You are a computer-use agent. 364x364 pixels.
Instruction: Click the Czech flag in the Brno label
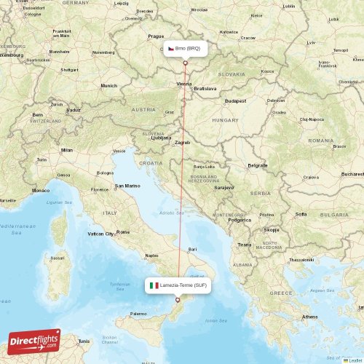170,48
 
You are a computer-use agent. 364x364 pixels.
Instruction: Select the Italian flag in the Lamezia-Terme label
154,285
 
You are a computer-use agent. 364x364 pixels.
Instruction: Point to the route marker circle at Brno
185,63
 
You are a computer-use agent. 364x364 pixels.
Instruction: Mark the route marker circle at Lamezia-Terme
178,299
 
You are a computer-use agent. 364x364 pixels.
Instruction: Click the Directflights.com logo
33,341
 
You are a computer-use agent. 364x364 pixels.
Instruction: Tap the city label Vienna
185,84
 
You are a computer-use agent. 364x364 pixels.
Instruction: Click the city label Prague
156,36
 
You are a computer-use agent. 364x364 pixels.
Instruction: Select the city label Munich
108,86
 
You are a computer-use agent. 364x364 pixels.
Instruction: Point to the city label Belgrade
258,165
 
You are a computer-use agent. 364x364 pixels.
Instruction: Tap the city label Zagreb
182,143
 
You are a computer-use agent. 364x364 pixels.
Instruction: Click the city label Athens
310,317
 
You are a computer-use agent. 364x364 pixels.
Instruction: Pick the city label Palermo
138,314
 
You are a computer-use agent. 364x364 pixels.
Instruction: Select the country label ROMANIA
320,140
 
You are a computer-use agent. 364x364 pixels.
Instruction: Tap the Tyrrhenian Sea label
118,285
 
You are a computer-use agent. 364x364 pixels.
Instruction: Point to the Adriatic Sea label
171,213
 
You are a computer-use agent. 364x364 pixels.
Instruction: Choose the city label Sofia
301,214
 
